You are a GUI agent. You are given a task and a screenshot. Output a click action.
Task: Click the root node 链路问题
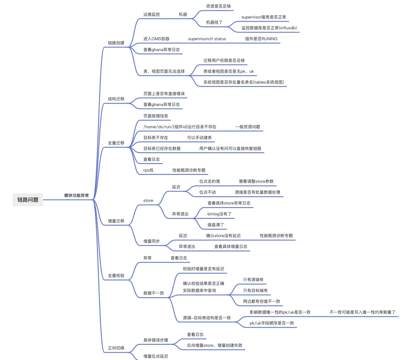[28, 200]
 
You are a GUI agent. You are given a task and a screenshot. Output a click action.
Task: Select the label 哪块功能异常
[77, 195]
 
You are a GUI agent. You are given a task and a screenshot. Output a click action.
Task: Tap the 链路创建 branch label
[116, 43]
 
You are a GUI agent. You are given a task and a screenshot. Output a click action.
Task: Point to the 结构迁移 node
[116, 99]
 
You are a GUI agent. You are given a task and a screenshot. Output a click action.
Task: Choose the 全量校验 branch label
[116, 276]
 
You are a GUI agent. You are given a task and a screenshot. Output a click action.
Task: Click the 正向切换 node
[116, 348]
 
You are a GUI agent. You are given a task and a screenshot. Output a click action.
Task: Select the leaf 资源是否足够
[218, 6]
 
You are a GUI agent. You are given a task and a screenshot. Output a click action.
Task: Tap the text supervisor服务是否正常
[264, 17]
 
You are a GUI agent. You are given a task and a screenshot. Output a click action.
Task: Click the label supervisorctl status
[207, 39]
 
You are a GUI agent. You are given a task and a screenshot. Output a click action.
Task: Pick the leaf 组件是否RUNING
[261, 39]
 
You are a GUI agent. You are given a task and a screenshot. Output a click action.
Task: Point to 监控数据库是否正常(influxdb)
[269, 28]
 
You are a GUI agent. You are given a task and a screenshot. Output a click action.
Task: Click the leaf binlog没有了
[219, 214]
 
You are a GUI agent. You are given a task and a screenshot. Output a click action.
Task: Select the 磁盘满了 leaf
[216, 225]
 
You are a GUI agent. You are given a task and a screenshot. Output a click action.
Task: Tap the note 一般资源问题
[248, 127]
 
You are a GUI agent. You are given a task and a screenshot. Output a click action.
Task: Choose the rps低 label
[148, 170]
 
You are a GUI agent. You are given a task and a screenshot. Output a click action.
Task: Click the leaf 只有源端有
[253, 280]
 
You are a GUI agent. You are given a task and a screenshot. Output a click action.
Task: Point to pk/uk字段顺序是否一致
[272, 323]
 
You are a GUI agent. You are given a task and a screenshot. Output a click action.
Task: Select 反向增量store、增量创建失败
[214, 345]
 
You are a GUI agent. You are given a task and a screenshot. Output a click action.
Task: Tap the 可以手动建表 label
[199, 138]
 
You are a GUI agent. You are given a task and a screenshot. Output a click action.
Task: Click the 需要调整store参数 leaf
[256, 181]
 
